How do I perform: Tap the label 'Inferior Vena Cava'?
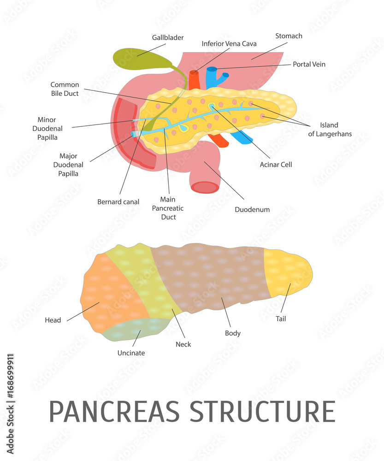pyautogui.click(x=229, y=44)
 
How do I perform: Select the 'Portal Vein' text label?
pyautogui.click(x=309, y=65)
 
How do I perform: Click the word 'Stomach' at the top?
pyautogui.click(x=289, y=36)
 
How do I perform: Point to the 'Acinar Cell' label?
pyautogui.click(x=276, y=165)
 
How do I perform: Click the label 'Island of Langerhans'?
pyautogui.click(x=330, y=130)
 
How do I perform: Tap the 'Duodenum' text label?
pyautogui.click(x=252, y=209)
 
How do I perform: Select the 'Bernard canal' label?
pyautogui.click(x=118, y=202)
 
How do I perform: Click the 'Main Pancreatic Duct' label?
pyautogui.click(x=168, y=208)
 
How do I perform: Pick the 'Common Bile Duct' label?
pyautogui.click(x=65, y=89)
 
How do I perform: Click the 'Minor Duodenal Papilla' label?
pyautogui.click(x=50, y=129)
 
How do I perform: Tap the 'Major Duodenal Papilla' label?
pyautogui.click(x=68, y=165)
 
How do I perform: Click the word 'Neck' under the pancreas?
pyautogui.click(x=183, y=344)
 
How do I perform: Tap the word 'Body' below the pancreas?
pyautogui.click(x=233, y=333)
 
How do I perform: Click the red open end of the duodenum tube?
pyautogui.click(x=205, y=187)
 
